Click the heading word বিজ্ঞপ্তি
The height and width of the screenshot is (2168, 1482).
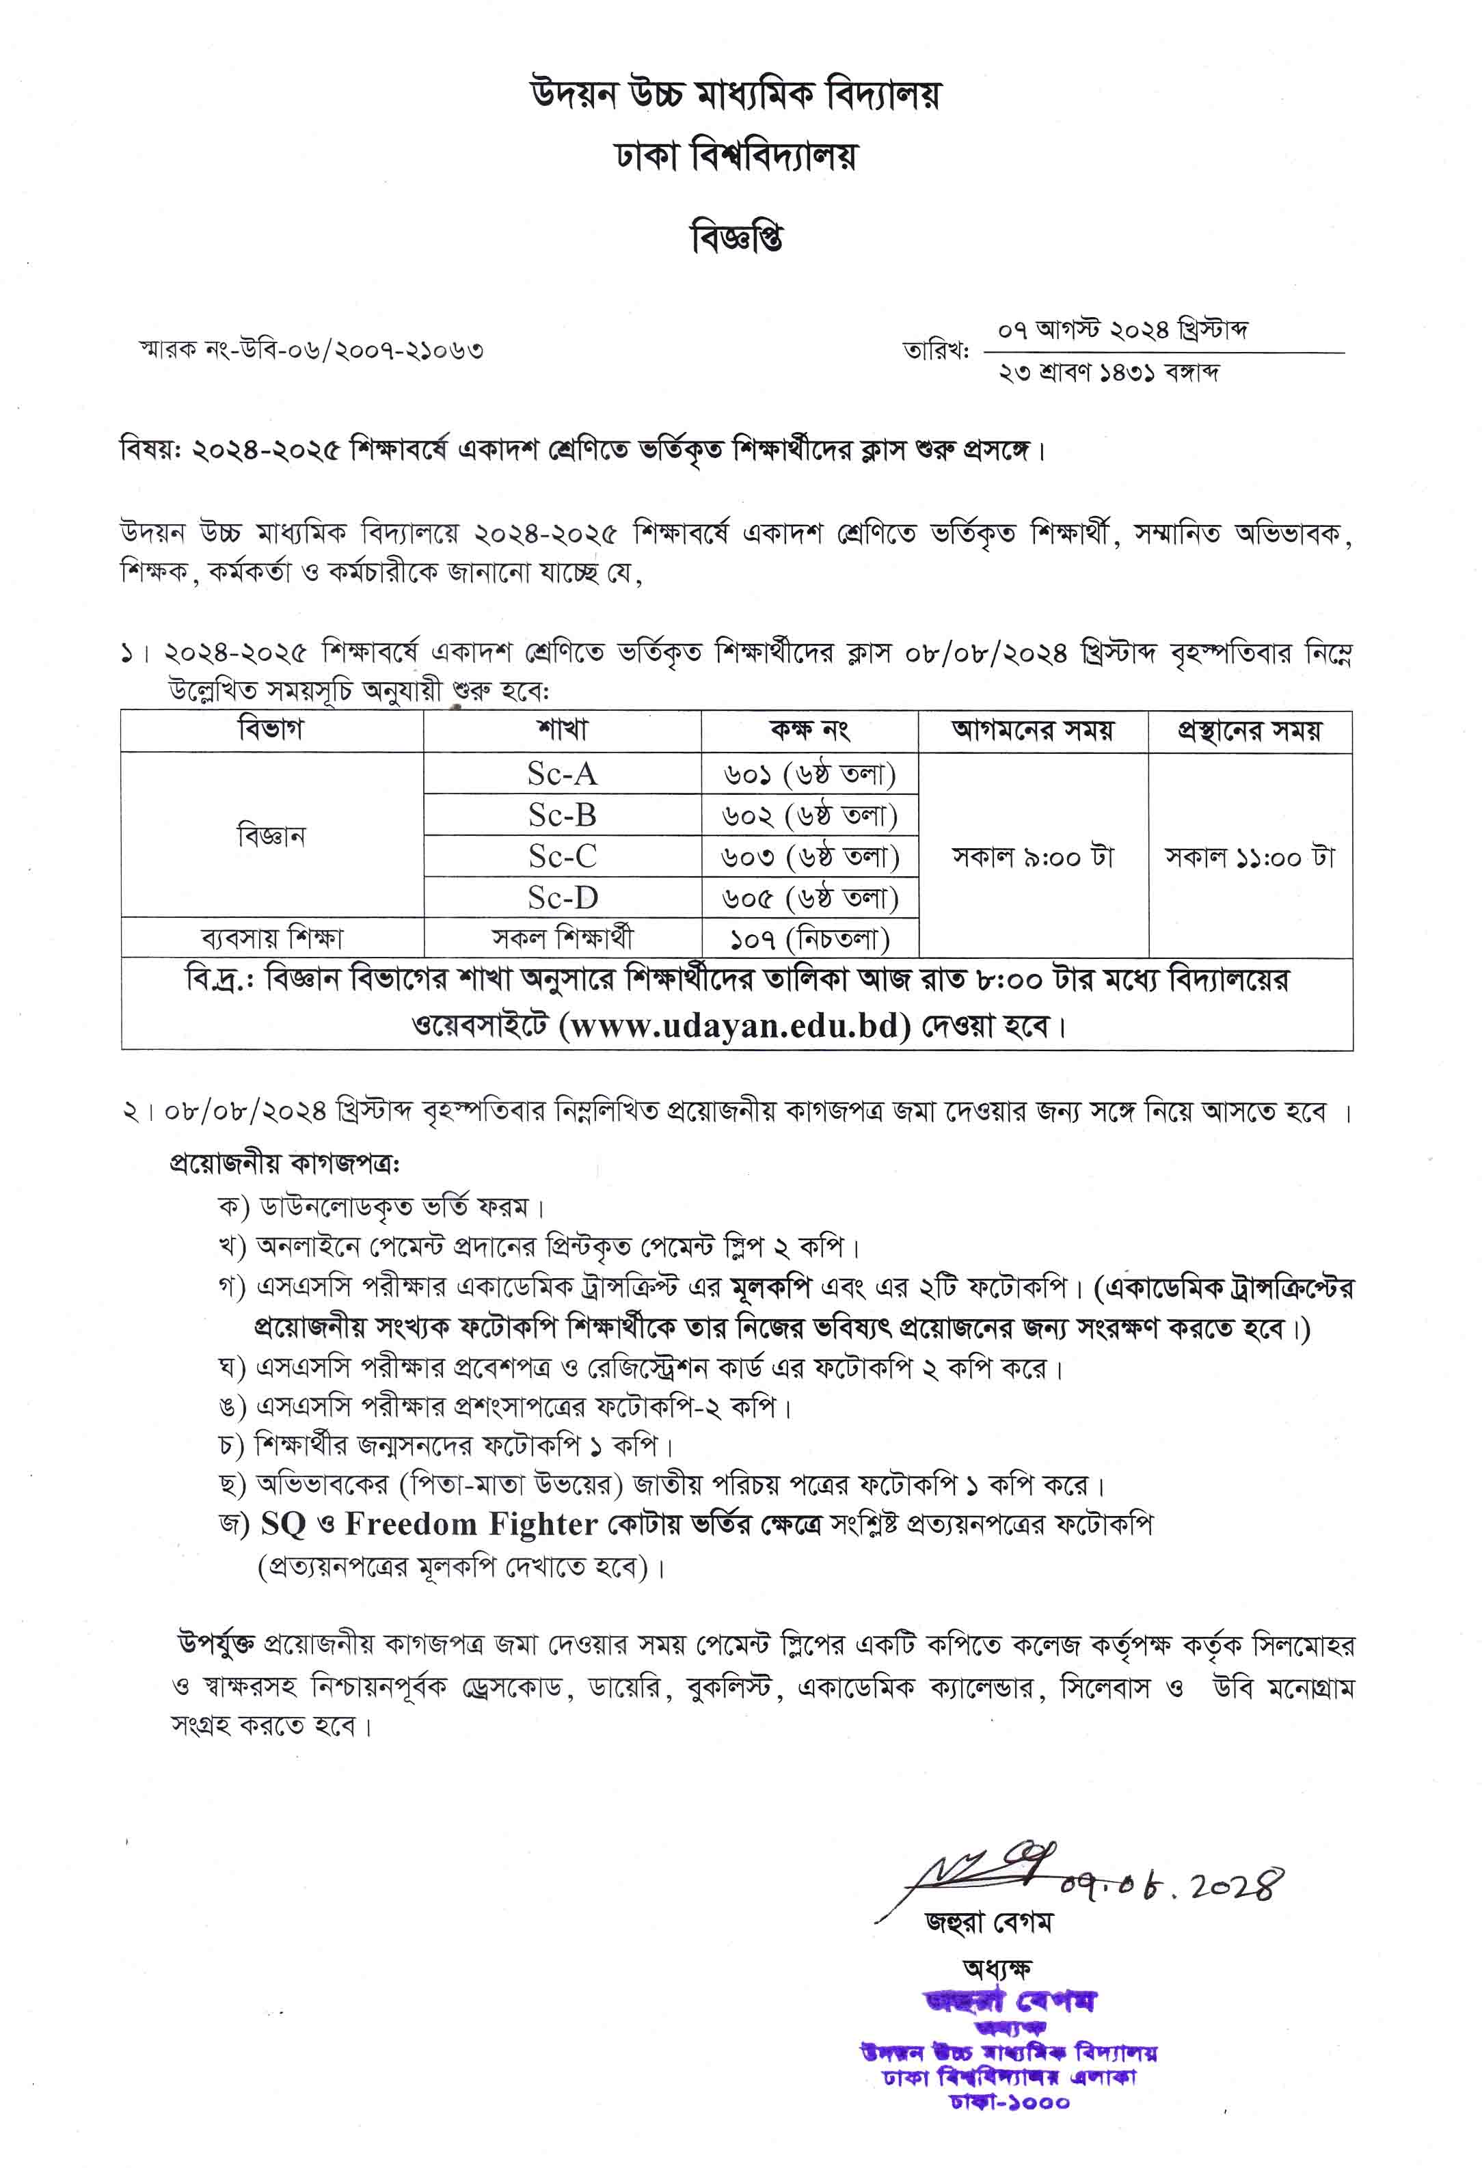point(736,238)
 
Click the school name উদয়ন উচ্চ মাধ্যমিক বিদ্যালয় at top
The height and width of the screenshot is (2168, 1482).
point(736,94)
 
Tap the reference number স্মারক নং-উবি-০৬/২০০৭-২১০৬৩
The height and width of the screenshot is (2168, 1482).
point(312,351)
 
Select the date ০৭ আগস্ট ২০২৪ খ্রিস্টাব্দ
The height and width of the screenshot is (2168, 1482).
point(1122,330)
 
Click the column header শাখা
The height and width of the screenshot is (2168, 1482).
point(562,731)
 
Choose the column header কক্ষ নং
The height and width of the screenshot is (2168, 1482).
point(809,731)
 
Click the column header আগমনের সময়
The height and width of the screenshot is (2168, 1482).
point(1032,731)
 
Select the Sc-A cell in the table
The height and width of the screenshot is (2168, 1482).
point(562,773)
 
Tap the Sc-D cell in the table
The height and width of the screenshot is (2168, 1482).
point(562,897)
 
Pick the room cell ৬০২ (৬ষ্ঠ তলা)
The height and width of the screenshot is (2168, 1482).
point(809,815)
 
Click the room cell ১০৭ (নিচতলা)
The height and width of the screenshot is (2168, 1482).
point(809,938)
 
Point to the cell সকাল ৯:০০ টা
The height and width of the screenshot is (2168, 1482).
point(1032,856)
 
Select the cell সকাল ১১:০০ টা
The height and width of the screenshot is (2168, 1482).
point(1250,856)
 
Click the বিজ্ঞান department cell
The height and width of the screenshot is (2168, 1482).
point(271,835)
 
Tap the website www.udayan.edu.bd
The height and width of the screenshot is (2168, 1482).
point(734,1026)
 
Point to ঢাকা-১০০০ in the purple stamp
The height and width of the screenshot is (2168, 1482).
point(1009,2102)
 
